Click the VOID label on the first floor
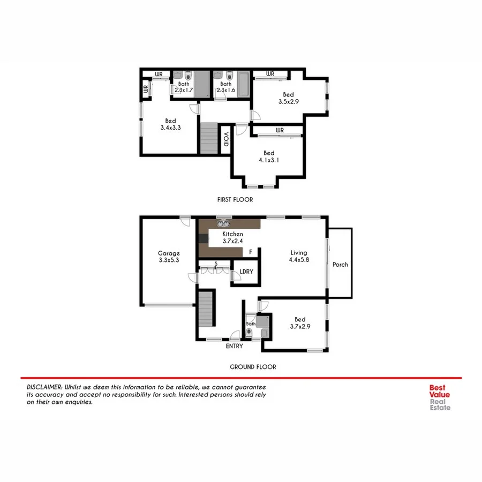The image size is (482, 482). [x=225, y=139]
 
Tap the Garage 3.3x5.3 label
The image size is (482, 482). [x=169, y=257]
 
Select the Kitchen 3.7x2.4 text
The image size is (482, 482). [x=233, y=238]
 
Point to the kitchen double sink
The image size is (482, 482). [x=224, y=223]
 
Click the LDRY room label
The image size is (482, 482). [x=247, y=272]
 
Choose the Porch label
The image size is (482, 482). [x=340, y=265]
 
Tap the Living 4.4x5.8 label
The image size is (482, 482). [x=300, y=257]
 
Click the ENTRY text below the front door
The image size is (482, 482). [x=235, y=347]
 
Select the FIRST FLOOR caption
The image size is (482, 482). [x=235, y=199]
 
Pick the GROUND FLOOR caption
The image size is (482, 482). [x=253, y=367]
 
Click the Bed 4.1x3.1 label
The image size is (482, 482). [x=268, y=157]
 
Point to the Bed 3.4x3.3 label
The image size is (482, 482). [x=170, y=124]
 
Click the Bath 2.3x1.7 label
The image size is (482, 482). [x=184, y=87]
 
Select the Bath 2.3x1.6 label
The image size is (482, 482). [x=226, y=87]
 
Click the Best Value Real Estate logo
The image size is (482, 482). [x=440, y=397]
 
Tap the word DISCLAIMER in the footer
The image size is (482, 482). [x=44, y=387]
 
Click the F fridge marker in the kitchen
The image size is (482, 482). [x=250, y=252]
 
